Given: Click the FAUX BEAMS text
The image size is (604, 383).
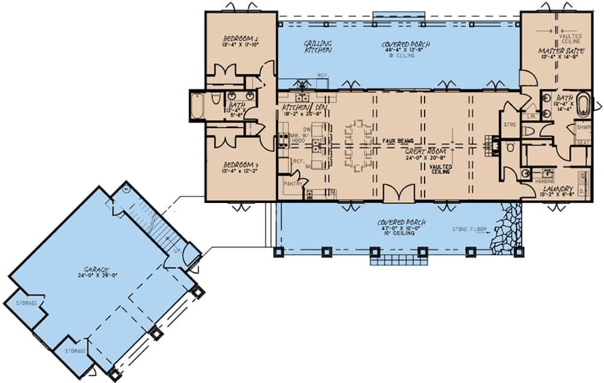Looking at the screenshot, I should click(397, 140).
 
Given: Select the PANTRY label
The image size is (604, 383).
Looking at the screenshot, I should click(293, 181).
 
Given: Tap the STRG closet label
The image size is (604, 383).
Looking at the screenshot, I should click(509, 125).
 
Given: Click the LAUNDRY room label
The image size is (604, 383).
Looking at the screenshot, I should click(555, 188).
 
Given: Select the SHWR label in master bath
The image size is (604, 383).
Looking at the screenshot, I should click(583, 127).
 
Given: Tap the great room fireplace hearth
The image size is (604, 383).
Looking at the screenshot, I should click(491, 146).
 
